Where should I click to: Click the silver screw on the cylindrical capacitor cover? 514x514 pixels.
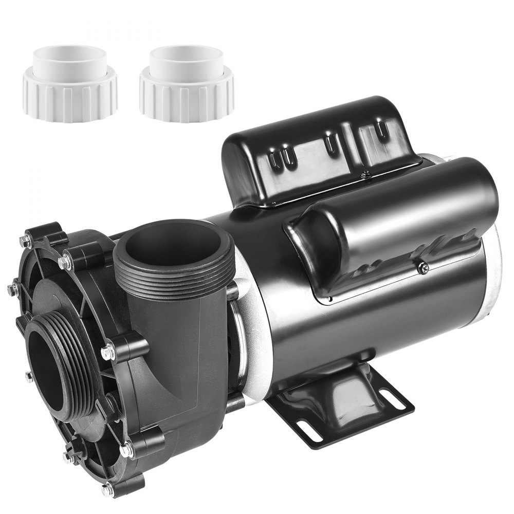click(x=423, y=267)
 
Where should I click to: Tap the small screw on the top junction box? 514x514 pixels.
click(x=366, y=175)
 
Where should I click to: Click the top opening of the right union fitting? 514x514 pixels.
click(x=187, y=54)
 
